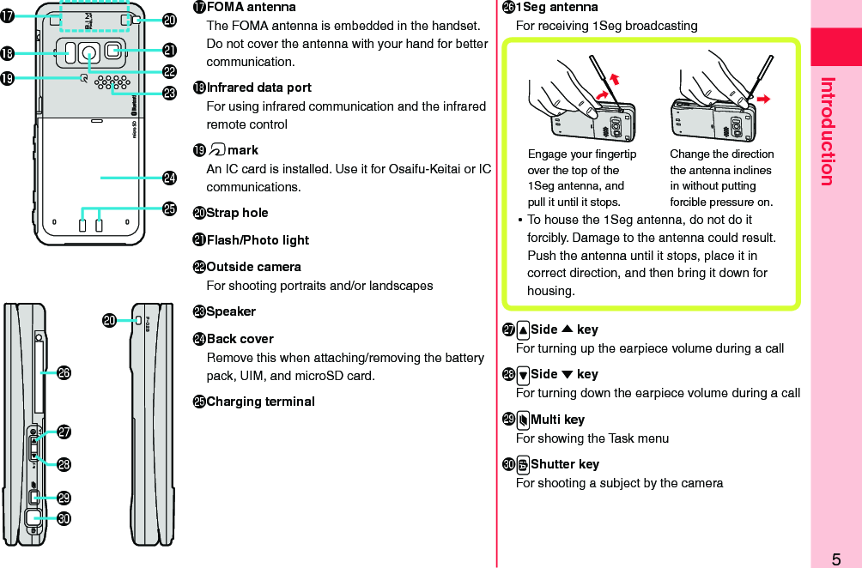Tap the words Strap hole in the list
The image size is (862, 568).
237,213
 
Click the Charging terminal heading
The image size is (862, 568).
260,402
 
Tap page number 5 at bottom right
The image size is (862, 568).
835,559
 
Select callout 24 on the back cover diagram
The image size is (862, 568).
170,178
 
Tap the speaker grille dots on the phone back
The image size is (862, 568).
112,82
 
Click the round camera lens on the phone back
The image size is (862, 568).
88,53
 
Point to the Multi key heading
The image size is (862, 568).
557,420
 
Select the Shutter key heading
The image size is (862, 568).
564,464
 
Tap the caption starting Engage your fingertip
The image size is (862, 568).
582,178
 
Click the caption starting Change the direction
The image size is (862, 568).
721,178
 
